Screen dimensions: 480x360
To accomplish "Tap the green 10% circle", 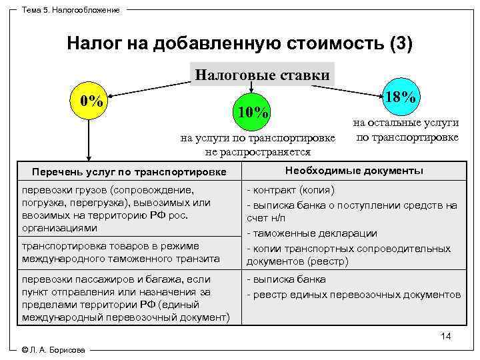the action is tap(252, 113).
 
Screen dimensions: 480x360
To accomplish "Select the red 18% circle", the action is tap(401, 96).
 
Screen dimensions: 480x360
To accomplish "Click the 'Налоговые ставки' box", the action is tap(262, 74).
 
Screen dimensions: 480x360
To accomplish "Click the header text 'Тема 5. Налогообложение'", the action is tap(71, 10).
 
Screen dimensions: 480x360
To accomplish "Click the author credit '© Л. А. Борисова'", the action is tap(53, 351).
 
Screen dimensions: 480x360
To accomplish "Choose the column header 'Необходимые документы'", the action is tap(354, 171).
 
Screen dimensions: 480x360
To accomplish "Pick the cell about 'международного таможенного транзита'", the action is tap(127, 253).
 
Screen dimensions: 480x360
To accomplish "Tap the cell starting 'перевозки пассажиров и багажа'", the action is tap(127, 298).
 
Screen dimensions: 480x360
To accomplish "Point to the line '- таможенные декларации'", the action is tap(312, 233).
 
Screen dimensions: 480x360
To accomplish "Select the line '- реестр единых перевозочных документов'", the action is tap(354, 294).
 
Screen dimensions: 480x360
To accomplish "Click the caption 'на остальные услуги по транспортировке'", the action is tap(406, 131).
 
